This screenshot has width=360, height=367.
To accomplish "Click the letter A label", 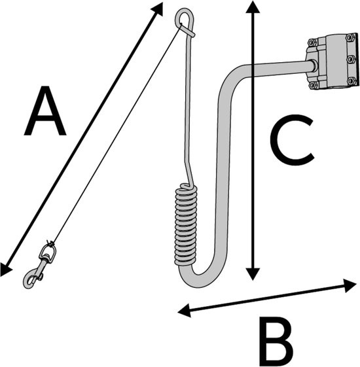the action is pyautogui.click(x=45, y=111).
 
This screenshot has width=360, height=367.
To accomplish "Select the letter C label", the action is pyautogui.click(x=292, y=140).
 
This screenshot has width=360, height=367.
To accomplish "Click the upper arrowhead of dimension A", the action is pyautogui.click(x=157, y=9).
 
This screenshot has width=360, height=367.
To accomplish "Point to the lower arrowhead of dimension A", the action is pyautogui.click(x=5, y=270).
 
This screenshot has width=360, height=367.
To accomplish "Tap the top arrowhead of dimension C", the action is pyautogui.click(x=252, y=7).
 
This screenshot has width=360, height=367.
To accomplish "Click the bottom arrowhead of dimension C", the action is pyautogui.click(x=252, y=274).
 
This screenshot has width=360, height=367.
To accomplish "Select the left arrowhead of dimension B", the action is pyautogui.click(x=184, y=310).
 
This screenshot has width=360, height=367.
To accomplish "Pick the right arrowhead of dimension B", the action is pyautogui.click(x=350, y=285).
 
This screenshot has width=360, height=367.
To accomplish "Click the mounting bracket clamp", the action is pyautogui.click(x=333, y=61).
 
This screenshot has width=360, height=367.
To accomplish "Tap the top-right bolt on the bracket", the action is pyautogui.click(x=350, y=37).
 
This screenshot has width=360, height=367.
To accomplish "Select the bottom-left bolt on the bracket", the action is pyautogui.click(x=313, y=85).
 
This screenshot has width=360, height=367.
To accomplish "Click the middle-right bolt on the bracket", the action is pyautogui.click(x=350, y=59).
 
